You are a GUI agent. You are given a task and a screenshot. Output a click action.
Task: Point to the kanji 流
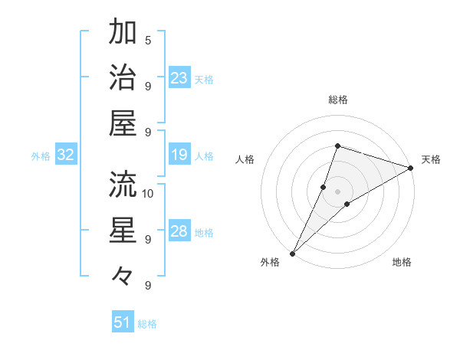pos(123,185)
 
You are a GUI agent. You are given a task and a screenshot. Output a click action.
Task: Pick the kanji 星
pos(123,230)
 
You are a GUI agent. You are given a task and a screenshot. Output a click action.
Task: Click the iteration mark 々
pos(123,274)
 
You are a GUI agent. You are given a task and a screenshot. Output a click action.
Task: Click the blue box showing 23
pos(179,77)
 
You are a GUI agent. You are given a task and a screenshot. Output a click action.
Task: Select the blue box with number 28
pos(179,231)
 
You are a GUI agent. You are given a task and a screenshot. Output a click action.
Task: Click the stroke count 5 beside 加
pos(148,41)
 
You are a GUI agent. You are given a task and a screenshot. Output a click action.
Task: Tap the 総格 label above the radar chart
pos(338,100)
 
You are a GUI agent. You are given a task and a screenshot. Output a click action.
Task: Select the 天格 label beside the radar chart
pos(431,159)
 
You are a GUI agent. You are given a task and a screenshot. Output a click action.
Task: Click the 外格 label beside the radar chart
pos(270,263)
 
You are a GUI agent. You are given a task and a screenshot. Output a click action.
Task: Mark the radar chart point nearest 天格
pos(411,168)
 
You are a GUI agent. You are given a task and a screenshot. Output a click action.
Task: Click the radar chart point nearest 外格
pos(292,253)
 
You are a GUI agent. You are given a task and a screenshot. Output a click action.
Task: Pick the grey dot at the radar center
pos(338,191)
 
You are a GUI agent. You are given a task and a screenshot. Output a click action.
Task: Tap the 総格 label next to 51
pos(147,324)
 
